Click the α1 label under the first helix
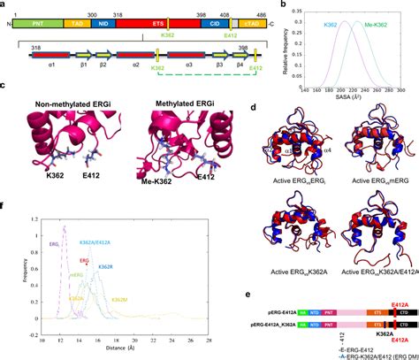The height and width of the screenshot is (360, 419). (x=52, y=65)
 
